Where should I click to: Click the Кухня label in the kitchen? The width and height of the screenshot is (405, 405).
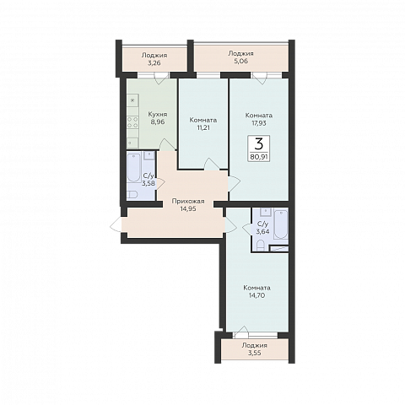point(158,115)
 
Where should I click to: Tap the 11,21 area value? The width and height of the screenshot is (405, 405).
point(203,127)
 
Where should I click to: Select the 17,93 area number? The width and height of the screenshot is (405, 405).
point(259,123)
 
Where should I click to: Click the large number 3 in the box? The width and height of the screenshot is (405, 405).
point(259,144)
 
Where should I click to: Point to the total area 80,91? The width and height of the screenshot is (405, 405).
point(259,156)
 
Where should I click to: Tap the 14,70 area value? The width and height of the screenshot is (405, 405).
point(257,295)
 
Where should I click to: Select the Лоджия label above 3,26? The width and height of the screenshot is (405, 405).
point(154,55)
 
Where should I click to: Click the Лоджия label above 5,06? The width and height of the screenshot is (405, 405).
point(240,53)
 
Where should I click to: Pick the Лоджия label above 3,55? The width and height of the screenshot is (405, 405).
point(254,345)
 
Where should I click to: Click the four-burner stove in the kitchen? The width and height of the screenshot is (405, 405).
point(132,122)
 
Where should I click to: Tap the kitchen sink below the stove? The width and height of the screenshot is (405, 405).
point(132,143)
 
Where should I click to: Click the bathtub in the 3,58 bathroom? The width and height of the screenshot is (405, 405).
point(134,167)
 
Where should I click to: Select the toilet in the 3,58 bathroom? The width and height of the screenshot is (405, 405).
point(132,195)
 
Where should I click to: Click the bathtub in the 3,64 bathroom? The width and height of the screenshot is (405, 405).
point(280,224)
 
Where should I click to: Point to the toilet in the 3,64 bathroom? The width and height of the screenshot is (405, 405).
point(260,245)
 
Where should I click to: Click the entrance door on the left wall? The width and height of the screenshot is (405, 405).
point(116,225)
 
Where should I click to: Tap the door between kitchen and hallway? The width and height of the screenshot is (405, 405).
point(167,144)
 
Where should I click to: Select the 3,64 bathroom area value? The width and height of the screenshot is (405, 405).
point(262,232)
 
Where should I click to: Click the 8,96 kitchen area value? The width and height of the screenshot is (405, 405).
point(158,122)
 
